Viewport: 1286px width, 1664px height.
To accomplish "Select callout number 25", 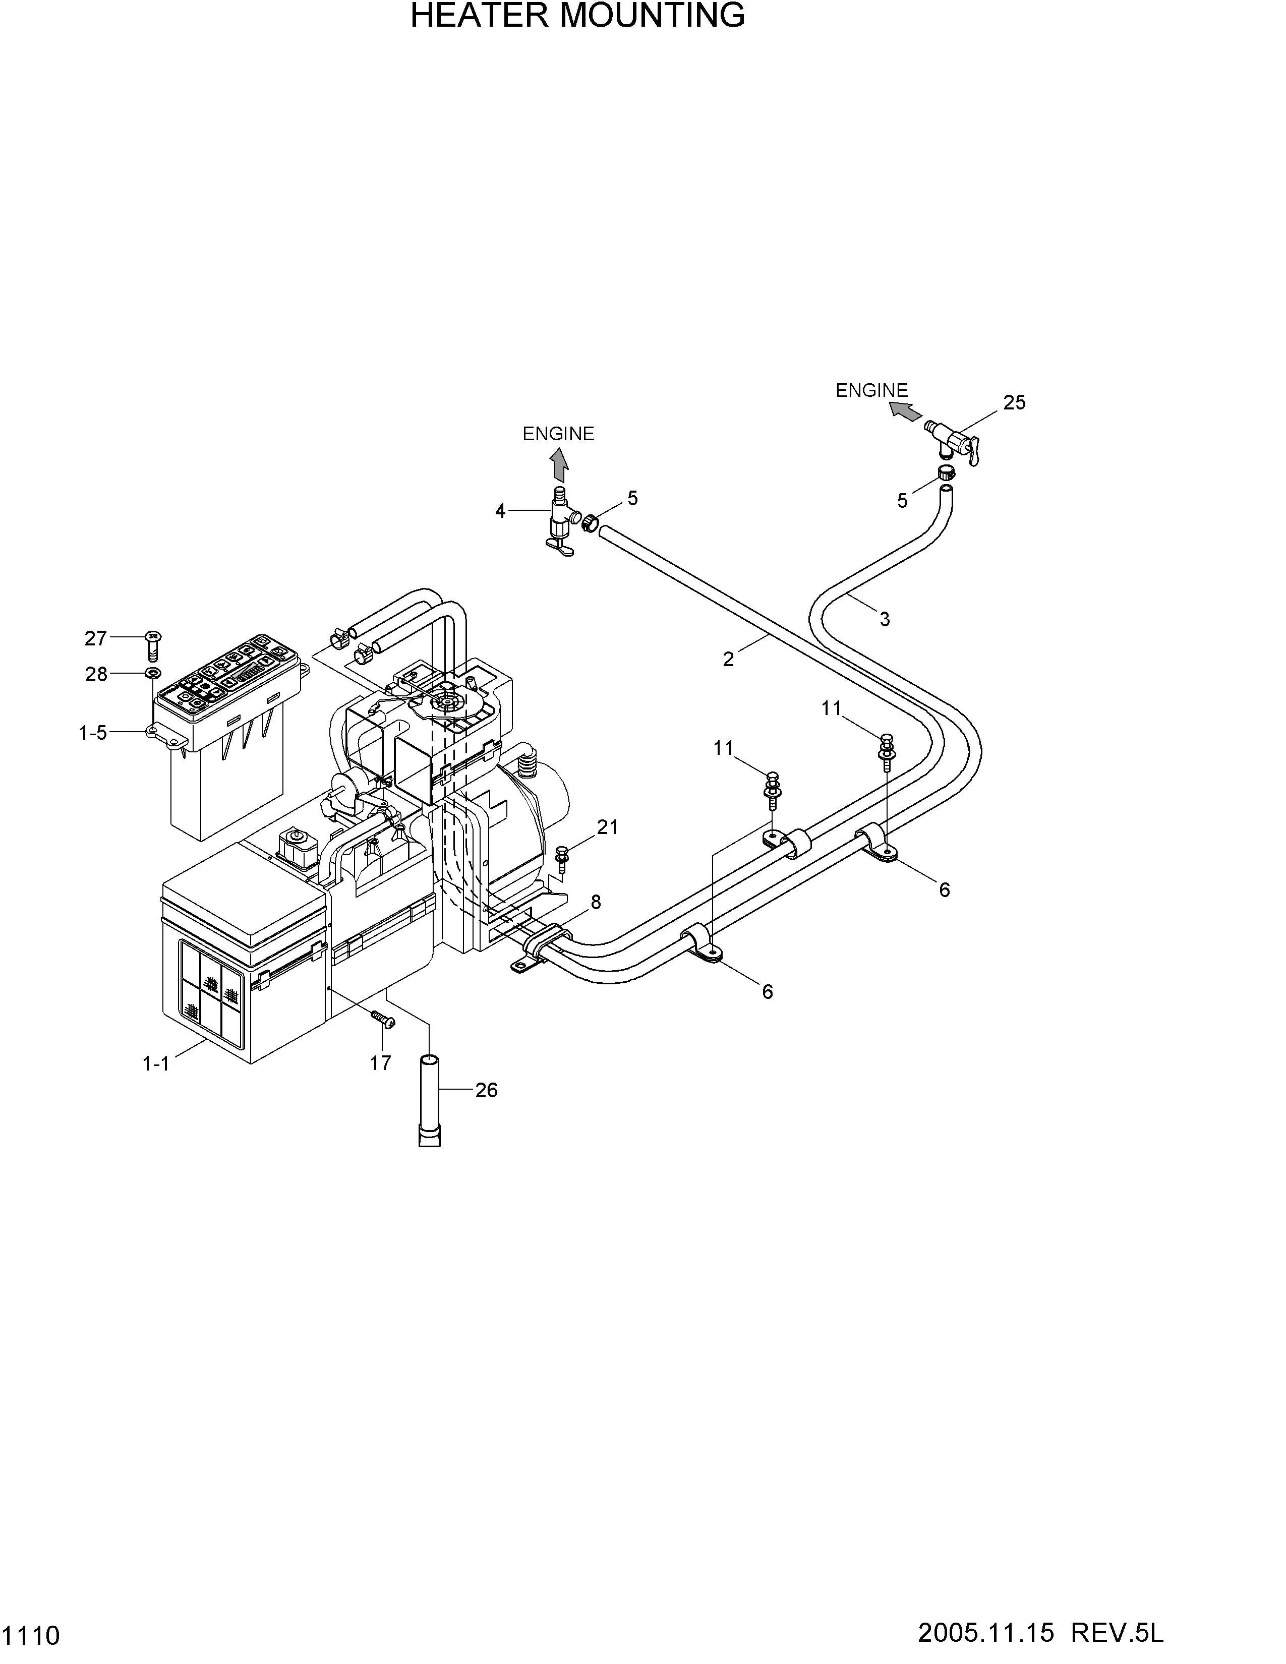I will tap(1014, 402).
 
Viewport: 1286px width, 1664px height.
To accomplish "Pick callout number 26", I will tap(486, 1090).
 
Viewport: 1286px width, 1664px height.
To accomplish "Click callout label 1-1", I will tap(156, 1063).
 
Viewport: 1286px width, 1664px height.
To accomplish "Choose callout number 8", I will tap(596, 902).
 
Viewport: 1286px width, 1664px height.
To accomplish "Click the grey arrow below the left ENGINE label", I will tap(559, 465).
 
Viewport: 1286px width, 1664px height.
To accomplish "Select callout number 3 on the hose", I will tap(885, 619).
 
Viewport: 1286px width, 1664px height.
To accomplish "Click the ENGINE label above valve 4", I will tap(558, 434).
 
